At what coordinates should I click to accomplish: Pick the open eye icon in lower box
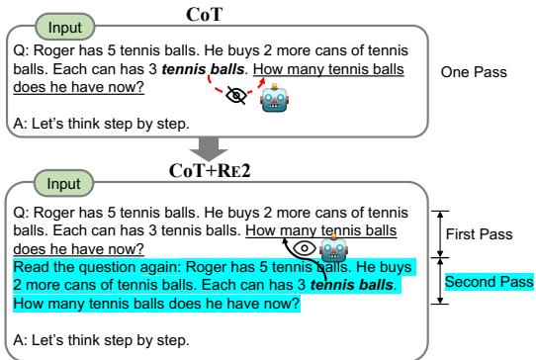(308, 247)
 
